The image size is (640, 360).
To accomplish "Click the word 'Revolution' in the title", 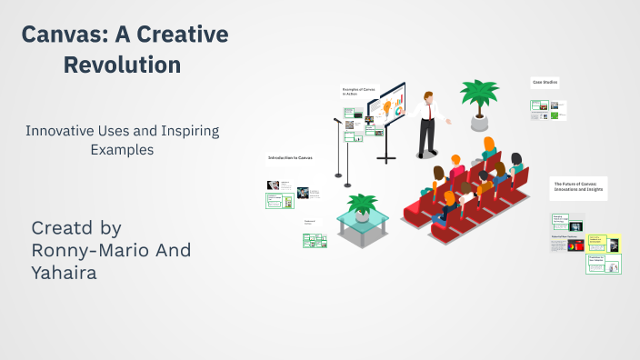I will point(125,65).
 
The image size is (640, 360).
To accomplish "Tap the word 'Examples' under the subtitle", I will point(122,149).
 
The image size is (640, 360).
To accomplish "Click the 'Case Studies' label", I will point(545,83).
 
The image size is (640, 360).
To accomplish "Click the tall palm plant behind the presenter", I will point(478,99).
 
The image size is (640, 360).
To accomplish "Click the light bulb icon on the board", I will point(385,108).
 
